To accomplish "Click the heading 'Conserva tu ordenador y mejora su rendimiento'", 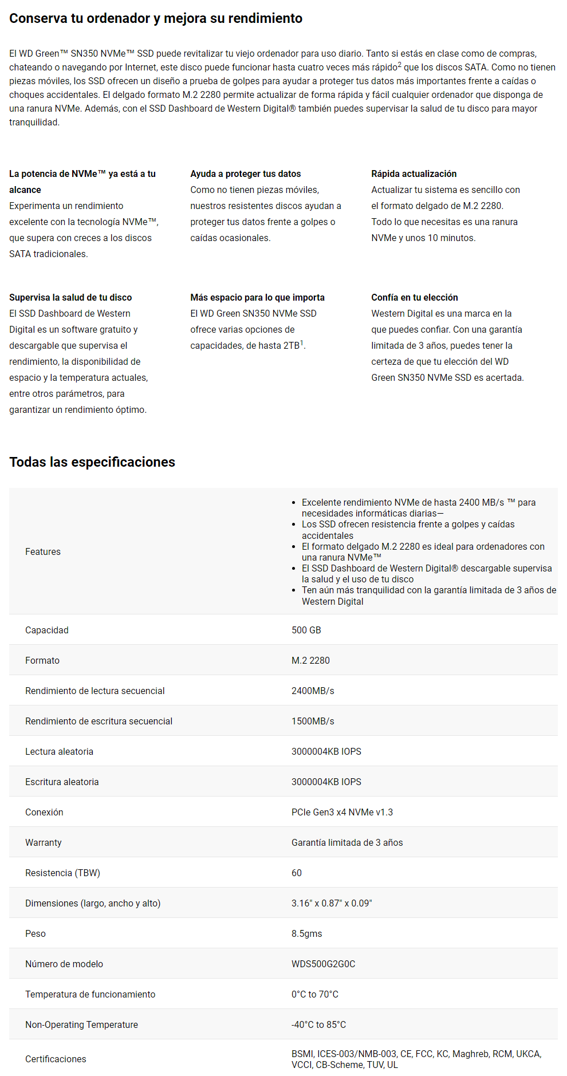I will pos(156,18).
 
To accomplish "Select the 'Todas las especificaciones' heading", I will pos(92,462).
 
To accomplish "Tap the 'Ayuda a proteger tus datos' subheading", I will pos(245,174).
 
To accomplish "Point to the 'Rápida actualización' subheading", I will pos(414,174).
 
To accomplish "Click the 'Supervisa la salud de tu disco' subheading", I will pos(70,297).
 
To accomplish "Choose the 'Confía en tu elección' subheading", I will pos(414,297).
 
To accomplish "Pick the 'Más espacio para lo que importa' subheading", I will pos(257,297).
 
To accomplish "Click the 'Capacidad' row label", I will pos(47,630).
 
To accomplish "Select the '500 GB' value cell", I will pos(306,630).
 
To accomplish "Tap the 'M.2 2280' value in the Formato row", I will pos(310,660).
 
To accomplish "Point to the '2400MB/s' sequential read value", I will pos(313,691).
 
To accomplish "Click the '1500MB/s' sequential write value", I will pos(313,721).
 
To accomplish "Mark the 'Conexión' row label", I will pos(44,812).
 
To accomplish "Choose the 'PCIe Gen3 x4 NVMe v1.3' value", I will pos(342,812).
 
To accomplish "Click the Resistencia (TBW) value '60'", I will pos(297,873).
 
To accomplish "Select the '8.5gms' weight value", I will pos(306,933).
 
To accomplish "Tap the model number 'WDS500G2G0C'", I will pos(323,964).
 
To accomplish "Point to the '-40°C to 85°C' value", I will pos(318,1024).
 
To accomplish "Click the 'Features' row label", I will pos(43,551).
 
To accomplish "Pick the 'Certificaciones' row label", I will pos(56,1059).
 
